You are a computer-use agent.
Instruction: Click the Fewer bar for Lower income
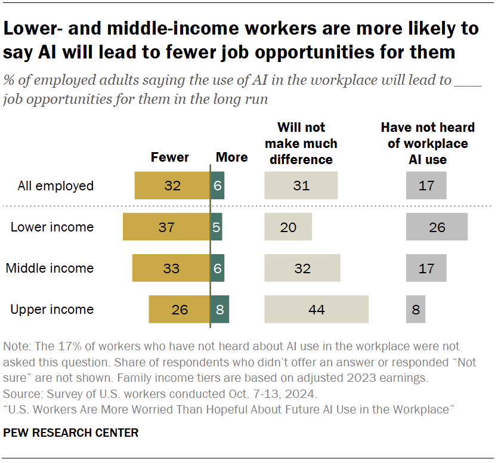point(166,227)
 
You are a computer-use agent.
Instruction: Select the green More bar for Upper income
point(219,310)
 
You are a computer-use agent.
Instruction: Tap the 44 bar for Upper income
point(316,310)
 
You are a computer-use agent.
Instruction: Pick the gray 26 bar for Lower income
point(437,227)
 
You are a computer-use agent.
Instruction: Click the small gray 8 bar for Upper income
point(416,310)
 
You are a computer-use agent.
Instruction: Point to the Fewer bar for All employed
point(172,186)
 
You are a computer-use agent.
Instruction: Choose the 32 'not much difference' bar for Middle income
point(302,268)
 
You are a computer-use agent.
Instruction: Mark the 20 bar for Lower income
point(288,227)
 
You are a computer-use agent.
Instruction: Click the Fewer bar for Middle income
point(171,268)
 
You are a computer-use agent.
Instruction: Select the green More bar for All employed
point(217,186)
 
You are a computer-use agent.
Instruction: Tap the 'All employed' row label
point(55,186)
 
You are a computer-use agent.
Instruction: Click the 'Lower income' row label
point(52,227)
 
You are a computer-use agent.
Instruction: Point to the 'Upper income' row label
point(52,310)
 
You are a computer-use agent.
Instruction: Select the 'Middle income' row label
point(50,268)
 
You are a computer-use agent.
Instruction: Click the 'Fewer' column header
point(169,158)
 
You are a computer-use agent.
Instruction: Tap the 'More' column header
point(231,158)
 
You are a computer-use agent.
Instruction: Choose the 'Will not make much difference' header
point(301,143)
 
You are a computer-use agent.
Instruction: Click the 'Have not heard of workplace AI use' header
point(428,143)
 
